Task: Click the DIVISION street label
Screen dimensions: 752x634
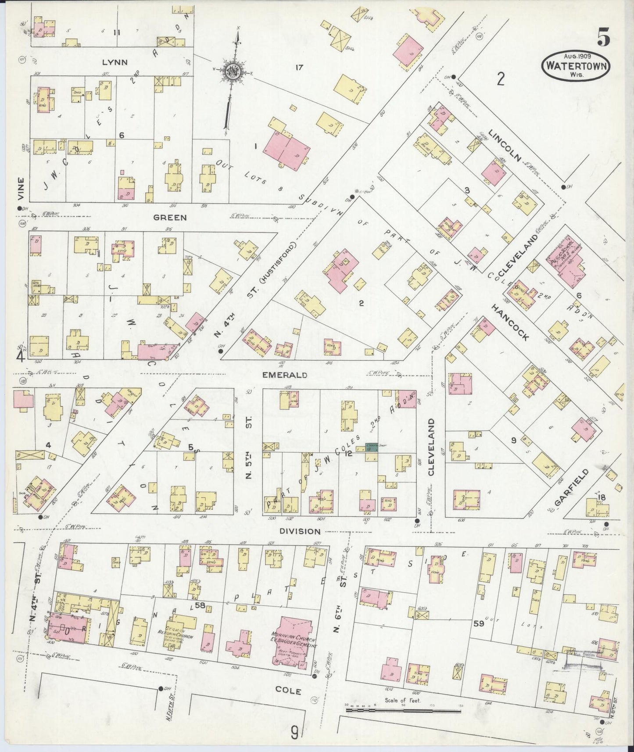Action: (301, 531)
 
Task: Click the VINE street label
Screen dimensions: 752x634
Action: (21, 187)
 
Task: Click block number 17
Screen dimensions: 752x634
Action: (299, 67)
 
